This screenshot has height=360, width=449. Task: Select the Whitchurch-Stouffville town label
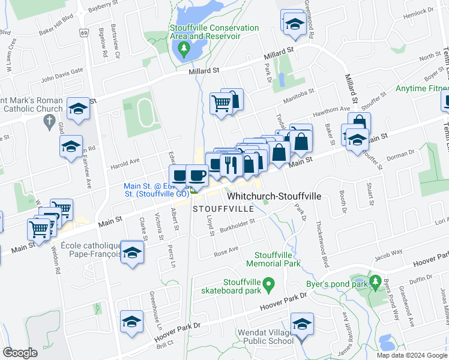pyautogui.click(x=274, y=197)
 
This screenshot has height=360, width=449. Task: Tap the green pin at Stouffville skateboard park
pyautogui.click(x=269, y=283)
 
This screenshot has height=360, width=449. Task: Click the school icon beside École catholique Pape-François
pyautogui.click(x=132, y=251)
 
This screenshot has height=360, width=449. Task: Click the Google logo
pyautogui.click(x=20, y=353)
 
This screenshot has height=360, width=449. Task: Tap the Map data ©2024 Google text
pyautogui.click(x=411, y=355)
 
